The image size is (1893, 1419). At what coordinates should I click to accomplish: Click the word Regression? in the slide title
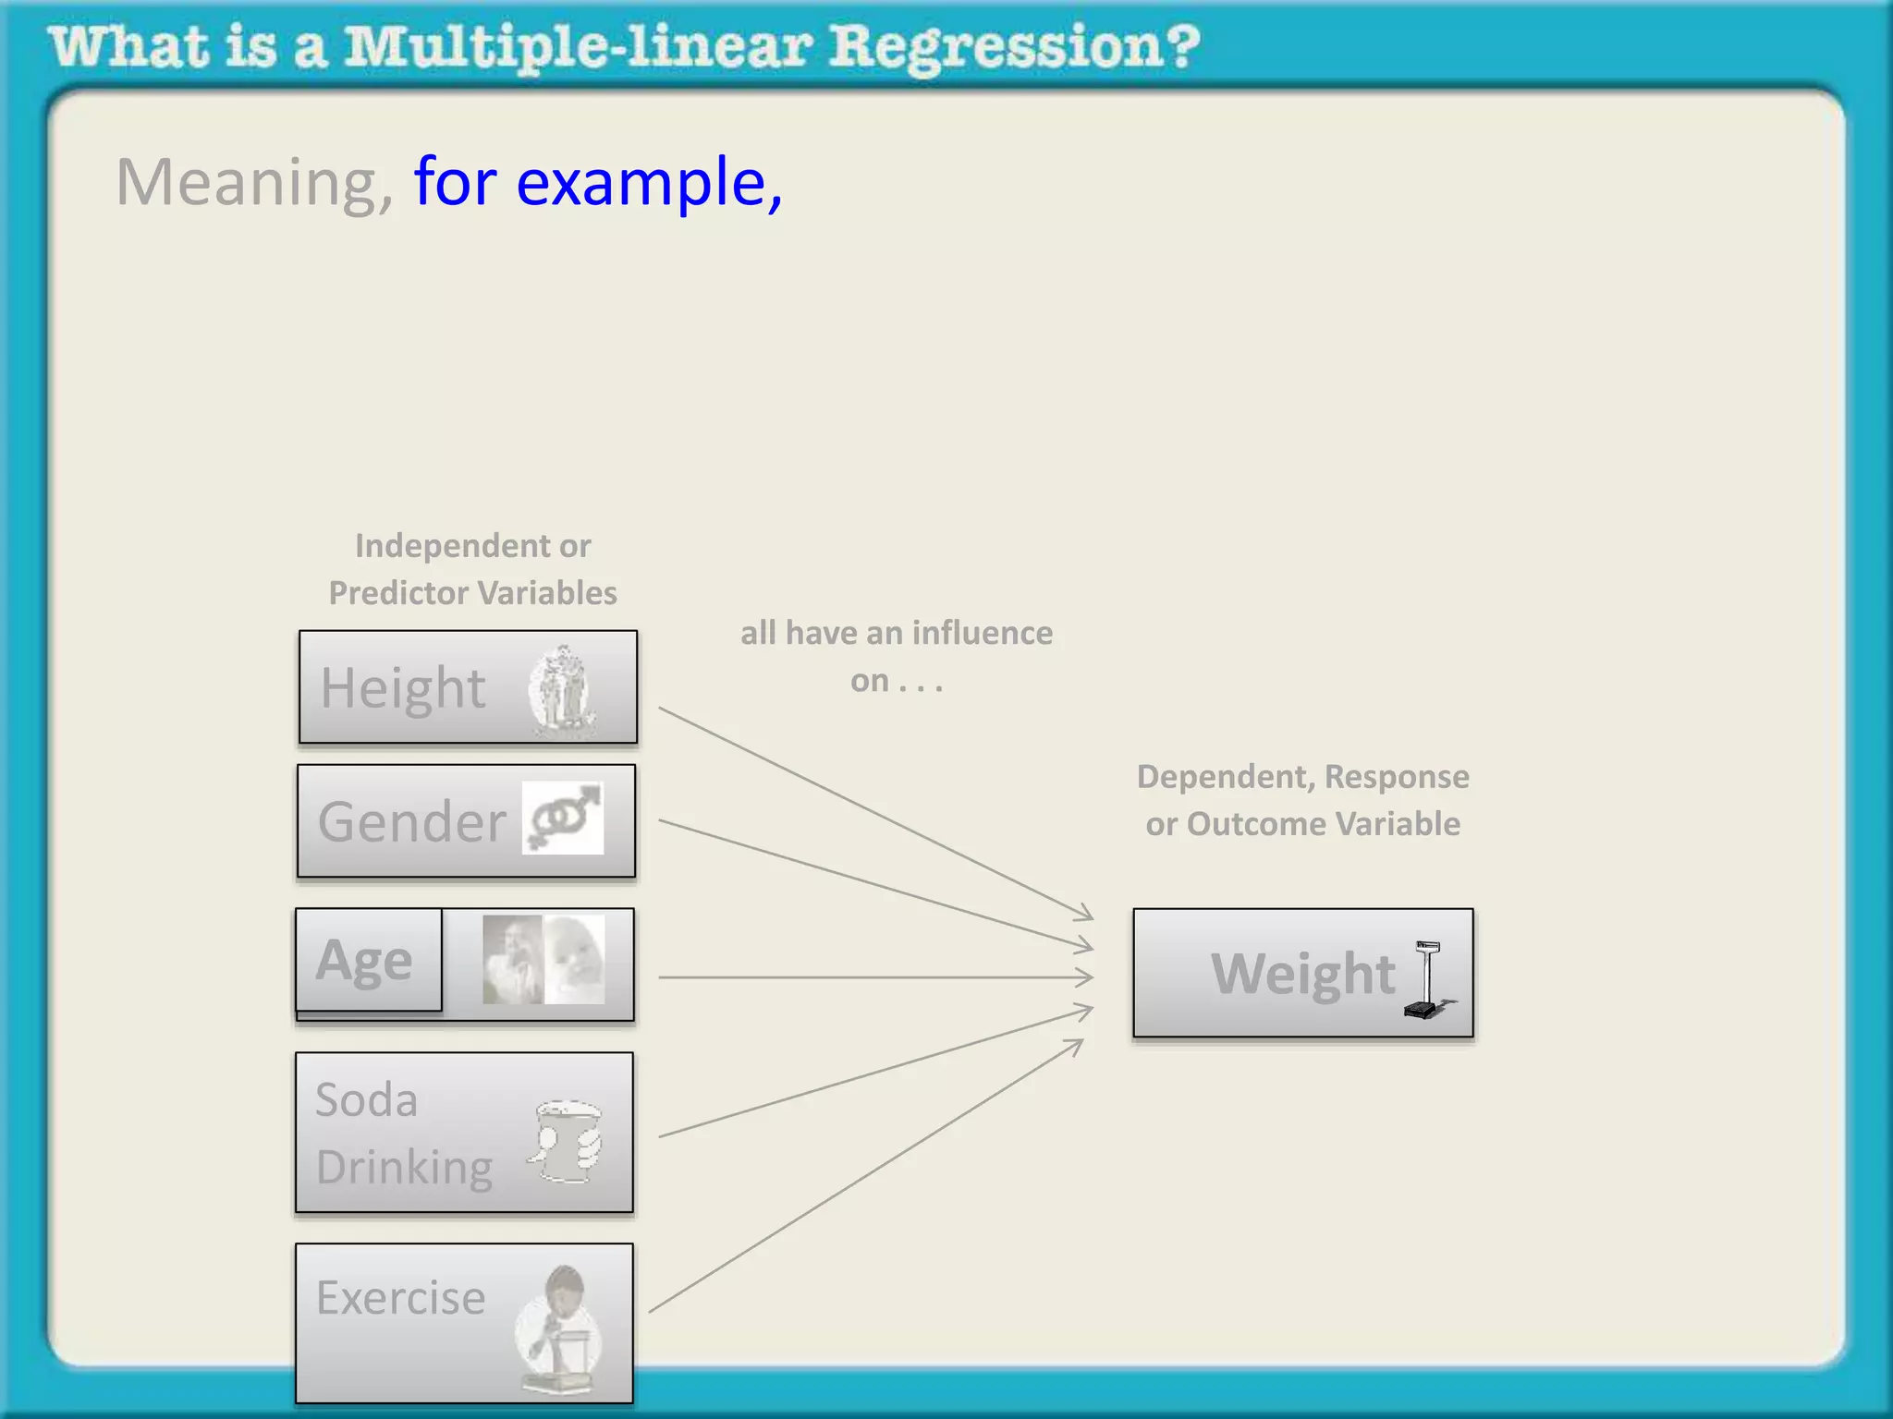tap(1014, 48)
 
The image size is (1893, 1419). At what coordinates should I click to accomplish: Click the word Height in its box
tap(403, 688)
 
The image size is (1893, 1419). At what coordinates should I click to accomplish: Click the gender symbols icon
tap(563, 818)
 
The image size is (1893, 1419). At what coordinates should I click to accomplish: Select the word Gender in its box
tap(412, 821)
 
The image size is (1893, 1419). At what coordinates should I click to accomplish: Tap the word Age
tap(364, 961)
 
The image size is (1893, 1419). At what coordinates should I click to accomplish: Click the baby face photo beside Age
tap(575, 959)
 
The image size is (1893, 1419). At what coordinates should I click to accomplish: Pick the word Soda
tap(366, 1100)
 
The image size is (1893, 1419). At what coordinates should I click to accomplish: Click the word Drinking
tap(404, 1168)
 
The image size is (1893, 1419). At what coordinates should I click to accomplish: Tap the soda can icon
tap(566, 1142)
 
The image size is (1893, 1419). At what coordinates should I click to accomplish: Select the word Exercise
tap(400, 1298)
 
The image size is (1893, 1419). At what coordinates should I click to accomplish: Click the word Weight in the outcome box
tap(1303, 974)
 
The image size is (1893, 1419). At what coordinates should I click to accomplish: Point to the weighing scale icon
tap(1426, 979)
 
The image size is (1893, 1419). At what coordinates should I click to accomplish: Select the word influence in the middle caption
tap(982, 634)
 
